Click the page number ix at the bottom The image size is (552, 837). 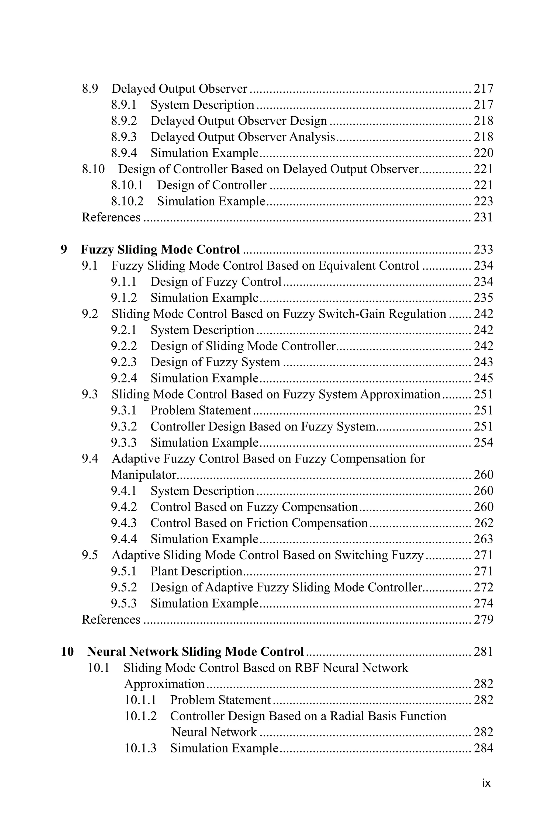click(x=486, y=783)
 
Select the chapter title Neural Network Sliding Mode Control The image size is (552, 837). click(x=195, y=652)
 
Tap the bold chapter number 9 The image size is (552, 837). click(x=64, y=249)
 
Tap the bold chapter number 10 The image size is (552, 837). click(x=67, y=652)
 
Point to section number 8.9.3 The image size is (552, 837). click(x=124, y=137)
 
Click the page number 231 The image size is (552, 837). click(x=483, y=217)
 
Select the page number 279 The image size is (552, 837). click(x=483, y=620)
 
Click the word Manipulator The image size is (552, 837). click(x=143, y=475)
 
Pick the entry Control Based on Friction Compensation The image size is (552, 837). click(x=259, y=523)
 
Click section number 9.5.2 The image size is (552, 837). click(x=124, y=588)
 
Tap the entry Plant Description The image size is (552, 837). click(x=196, y=571)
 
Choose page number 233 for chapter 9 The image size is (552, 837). click(x=483, y=249)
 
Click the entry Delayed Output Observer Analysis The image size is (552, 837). click(x=243, y=137)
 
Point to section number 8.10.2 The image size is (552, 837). click(x=127, y=201)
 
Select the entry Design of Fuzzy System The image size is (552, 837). click(x=215, y=362)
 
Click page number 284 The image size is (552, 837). click(x=483, y=748)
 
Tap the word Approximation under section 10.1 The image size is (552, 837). click(x=164, y=684)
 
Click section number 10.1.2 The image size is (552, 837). click(x=140, y=716)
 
